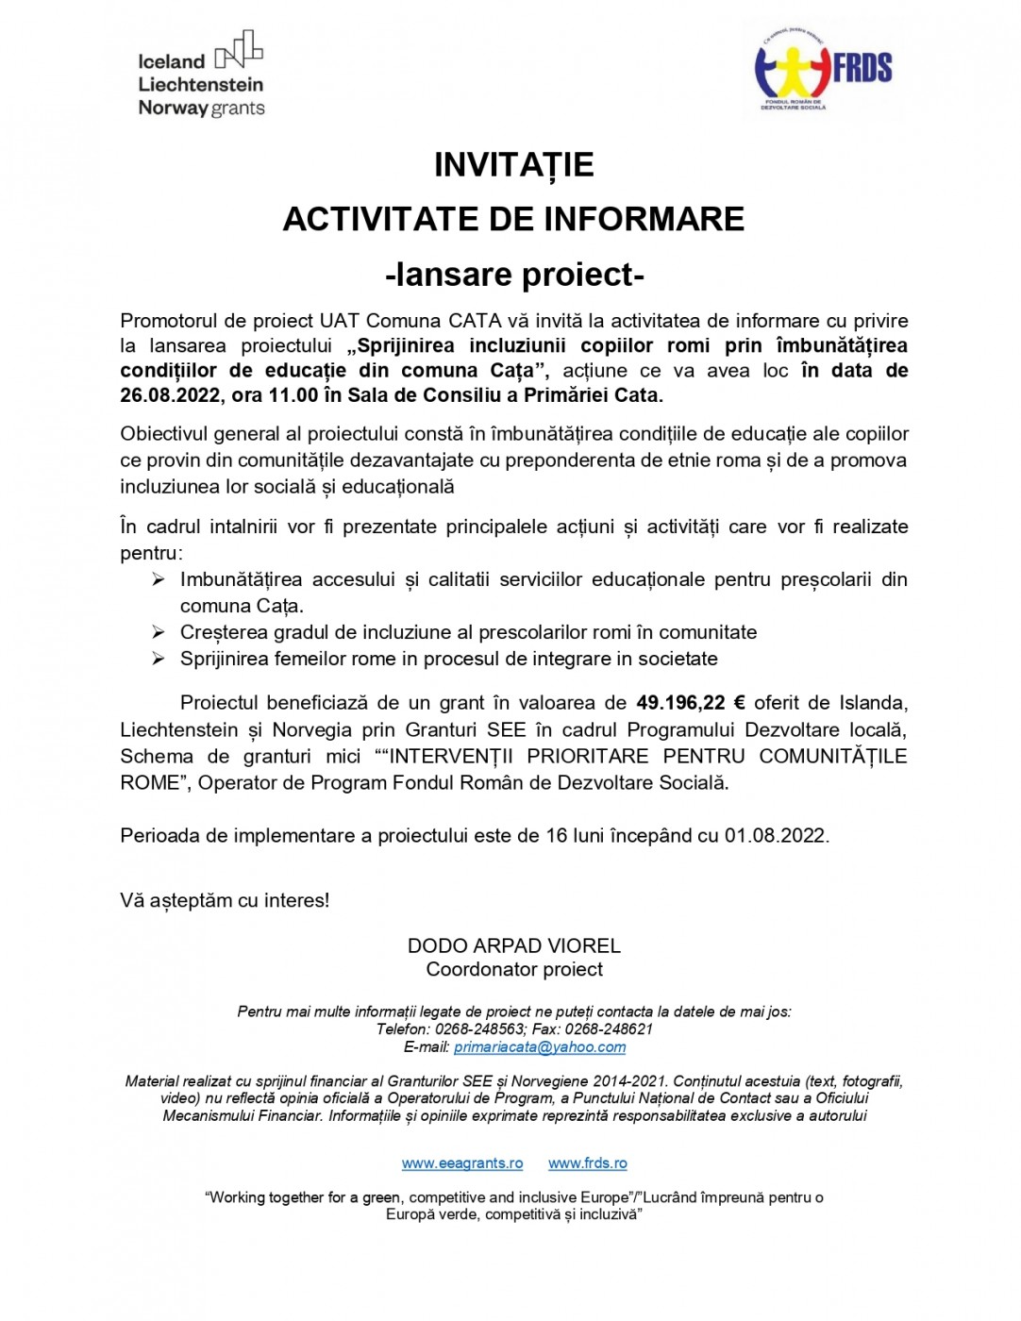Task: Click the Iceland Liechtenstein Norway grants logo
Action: pos(201,75)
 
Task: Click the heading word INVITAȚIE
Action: pos(513,165)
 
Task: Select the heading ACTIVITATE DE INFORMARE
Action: pos(513,220)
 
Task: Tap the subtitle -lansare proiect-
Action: pos(514,275)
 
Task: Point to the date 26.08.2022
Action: pos(170,395)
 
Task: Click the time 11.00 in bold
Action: pos(293,395)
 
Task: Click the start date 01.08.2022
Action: pos(775,836)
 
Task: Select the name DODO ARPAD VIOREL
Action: pos(513,945)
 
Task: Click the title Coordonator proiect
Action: pos(514,969)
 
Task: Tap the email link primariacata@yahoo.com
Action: pos(540,1047)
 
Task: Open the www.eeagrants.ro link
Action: pos(462,1163)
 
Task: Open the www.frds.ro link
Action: pos(588,1163)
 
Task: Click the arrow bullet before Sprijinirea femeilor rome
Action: pos(159,659)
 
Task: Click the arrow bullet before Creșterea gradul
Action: pos(159,632)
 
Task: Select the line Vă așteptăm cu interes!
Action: pos(225,901)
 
